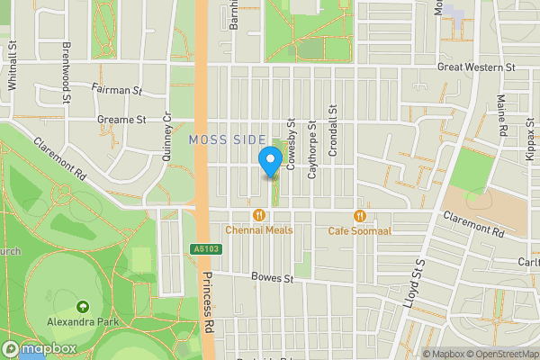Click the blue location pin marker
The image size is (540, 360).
point(269,161)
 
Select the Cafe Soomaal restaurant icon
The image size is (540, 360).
point(360,215)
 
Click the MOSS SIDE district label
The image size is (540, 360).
point(228,140)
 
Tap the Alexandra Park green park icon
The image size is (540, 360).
point(83,308)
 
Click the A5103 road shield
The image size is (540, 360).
point(205,249)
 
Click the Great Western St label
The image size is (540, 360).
point(476,67)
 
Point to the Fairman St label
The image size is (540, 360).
point(117,90)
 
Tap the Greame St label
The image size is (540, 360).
point(122,119)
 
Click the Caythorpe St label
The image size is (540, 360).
point(312,149)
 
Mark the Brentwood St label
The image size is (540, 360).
point(66,60)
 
